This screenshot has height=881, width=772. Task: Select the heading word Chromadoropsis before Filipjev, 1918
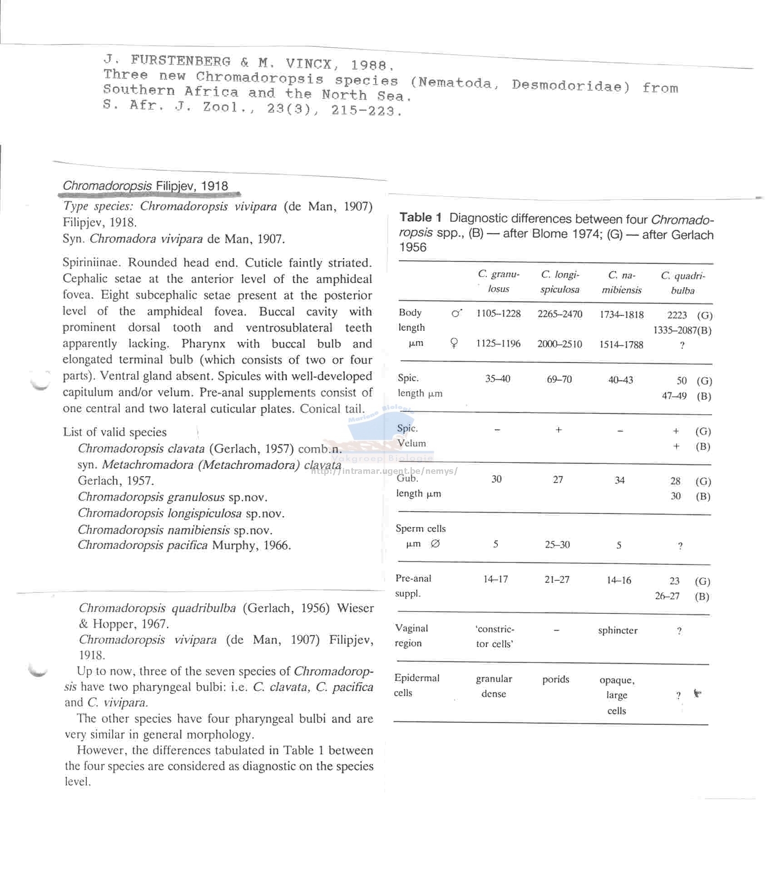point(107,186)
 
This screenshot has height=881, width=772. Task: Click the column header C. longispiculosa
point(559,282)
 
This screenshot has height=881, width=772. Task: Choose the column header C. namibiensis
point(621,283)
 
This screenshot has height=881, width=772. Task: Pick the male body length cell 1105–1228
point(498,314)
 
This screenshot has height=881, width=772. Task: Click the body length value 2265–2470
point(559,314)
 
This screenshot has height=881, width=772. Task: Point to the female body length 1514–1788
point(621,345)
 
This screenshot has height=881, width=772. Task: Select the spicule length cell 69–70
point(559,379)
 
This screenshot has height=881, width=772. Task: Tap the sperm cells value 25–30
point(557,545)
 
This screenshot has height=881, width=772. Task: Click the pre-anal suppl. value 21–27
point(557,580)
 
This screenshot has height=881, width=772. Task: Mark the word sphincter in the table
point(618,631)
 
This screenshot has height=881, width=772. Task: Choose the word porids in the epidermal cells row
point(555,680)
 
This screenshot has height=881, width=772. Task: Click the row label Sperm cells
point(421,528)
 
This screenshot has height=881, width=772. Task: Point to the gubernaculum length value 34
point(619,480)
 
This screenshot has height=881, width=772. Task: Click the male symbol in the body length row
point(457,313)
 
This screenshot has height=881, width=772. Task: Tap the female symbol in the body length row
point(454,343)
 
